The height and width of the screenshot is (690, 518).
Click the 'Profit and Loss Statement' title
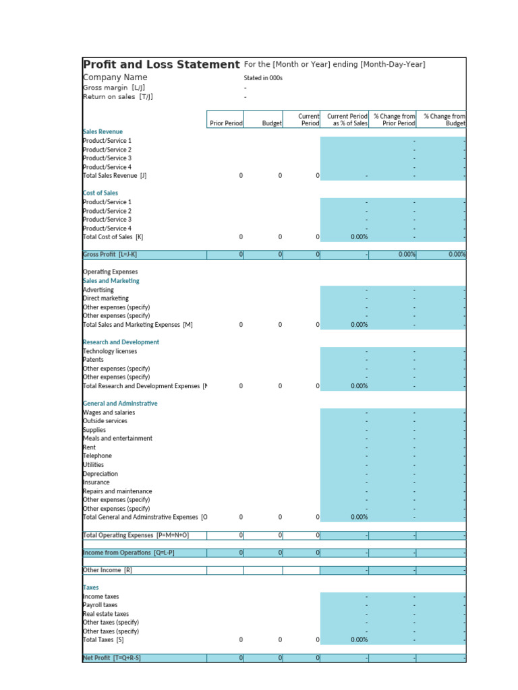[161, 65]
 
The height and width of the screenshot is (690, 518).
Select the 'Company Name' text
[115, 77]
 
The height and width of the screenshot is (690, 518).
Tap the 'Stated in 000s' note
[263, 78]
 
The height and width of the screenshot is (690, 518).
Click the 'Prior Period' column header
[226, 123]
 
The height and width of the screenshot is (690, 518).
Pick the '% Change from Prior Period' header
[394, 120]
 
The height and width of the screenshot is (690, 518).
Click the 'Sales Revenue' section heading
[103, 131]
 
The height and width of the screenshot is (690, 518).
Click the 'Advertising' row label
[98, 290]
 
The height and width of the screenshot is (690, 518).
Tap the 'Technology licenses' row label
[110, 351]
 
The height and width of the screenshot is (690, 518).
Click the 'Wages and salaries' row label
[109, 412]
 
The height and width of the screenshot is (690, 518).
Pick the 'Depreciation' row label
[100, 474]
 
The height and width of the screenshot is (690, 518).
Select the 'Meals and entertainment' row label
[117, 438]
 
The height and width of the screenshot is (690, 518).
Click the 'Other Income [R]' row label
[107, 570]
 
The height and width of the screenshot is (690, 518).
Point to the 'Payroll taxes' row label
[100, 605]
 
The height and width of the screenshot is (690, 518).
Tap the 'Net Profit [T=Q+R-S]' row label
[111, 658]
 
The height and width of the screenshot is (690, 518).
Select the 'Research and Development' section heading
[121, 342]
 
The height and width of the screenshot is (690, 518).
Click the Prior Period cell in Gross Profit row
[225, 254]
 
